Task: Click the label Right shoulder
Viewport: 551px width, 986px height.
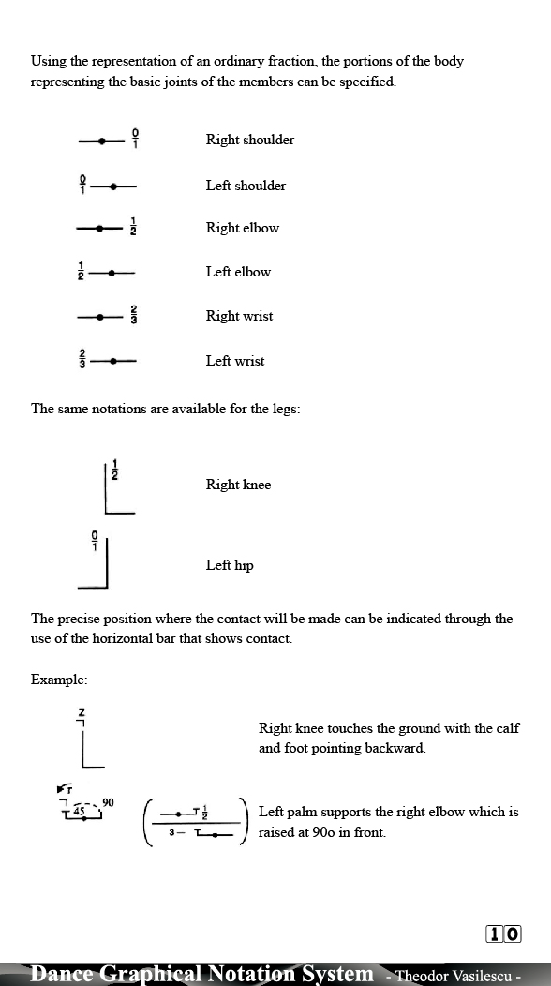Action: point(249,140)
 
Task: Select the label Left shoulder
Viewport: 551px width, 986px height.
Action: point(246,186)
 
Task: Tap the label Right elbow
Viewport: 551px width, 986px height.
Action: point(242,228)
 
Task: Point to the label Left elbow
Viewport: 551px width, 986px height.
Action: point(238,272)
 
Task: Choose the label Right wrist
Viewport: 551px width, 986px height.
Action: point(239,316)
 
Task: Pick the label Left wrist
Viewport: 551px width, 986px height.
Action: point(235,361)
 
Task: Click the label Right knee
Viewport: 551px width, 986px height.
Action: point(238,485)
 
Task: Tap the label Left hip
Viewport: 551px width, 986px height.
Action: point(230,565)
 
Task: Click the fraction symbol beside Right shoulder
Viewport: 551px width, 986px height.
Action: point(135,139)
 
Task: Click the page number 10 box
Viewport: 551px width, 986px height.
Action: point(504,934)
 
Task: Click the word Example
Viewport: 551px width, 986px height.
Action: point(58,679)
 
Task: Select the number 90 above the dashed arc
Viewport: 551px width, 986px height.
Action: point(108,802)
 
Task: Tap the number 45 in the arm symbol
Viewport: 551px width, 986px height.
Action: point(80,811)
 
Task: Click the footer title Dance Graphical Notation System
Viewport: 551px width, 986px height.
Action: point(201,974)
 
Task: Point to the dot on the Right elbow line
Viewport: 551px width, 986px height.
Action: point(102,228)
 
